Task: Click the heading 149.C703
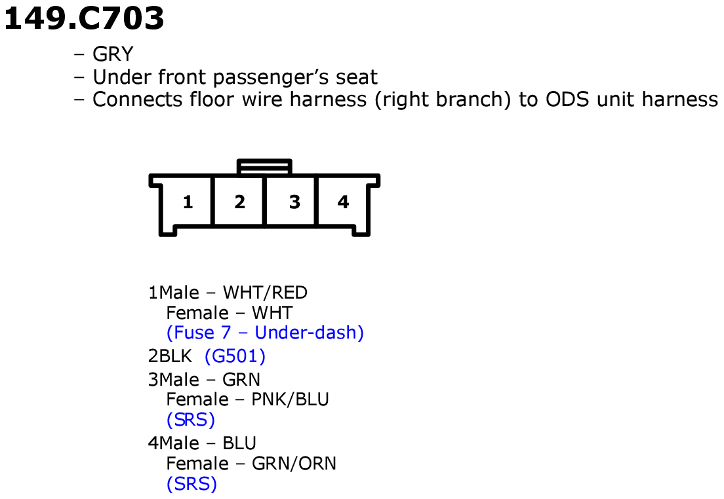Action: pyautogui.click(x=83, y=18)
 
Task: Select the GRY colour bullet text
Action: pyautogui.click(x=113, y=54)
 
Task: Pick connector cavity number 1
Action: pyautogui.click(x=188, y=202)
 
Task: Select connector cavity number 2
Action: pyautogui.click(x=239, y=202)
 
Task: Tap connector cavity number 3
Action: pyautogui.click(x=294, y=202)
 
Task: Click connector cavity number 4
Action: pyautogui.click(x=343, y=202)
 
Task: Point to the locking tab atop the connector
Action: pyautogui.click(x=264, y=166)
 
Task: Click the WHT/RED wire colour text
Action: pyautogui.click(x=265, y=292)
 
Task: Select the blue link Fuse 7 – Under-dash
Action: pyautogui.click(x=265, y=333)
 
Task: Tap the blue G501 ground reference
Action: pyautogui.click(x=235, y=357)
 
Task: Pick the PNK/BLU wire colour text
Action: pyautogui.click(x=290, y=399)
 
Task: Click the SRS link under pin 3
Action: pyautogui.click(x=191, y=420)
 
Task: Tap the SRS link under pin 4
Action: pyautogui.click(x=191, y=484)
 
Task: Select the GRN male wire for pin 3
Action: pyautogui.click(x=241, y=379)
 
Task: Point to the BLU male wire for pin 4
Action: pyautogui.click(x=239, y=443)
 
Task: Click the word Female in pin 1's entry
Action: pyautogui.click(x=197, y=312)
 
